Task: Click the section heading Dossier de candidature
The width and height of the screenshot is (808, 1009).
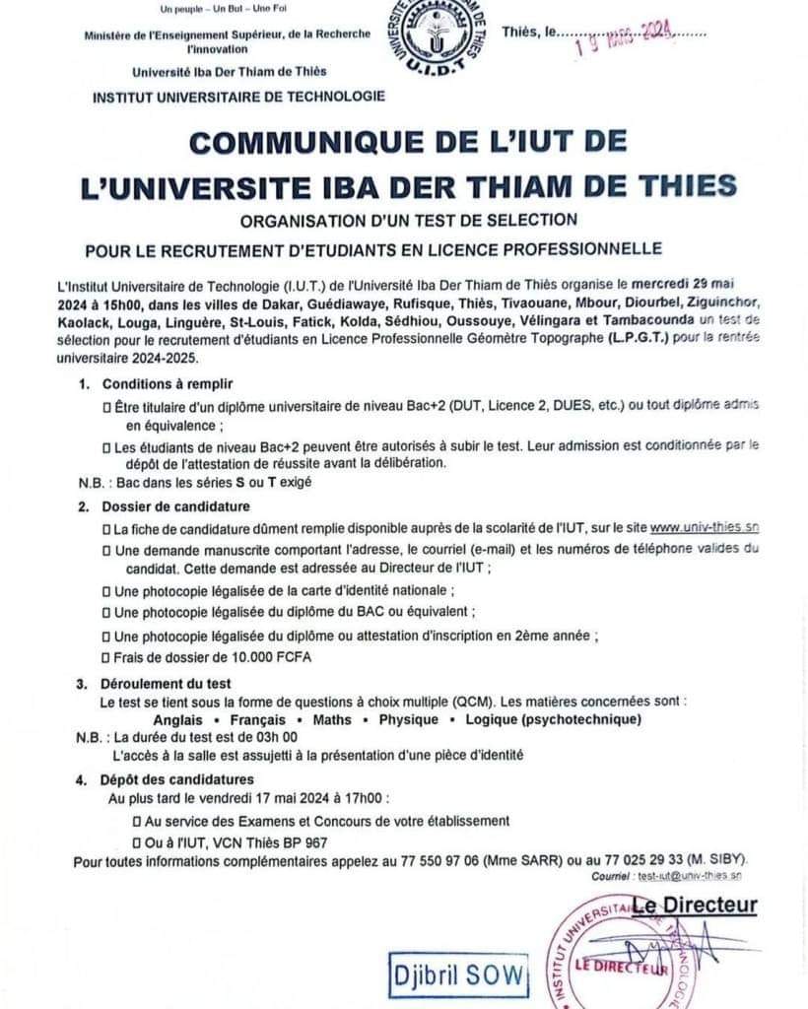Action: (x=176, y=507)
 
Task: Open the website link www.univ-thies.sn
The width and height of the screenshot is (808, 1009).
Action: (x=706, y=529)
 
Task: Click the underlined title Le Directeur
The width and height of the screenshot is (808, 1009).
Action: (x=695, y=904)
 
